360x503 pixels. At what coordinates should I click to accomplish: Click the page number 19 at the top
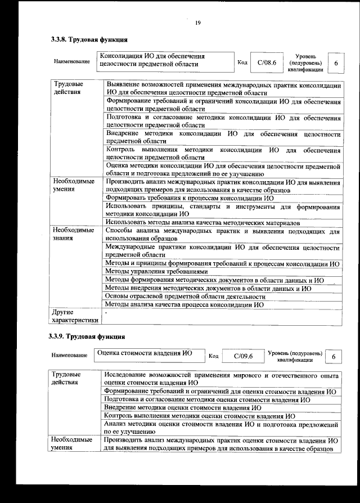pos(198,23)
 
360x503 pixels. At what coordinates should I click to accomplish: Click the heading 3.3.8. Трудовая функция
pos(89,40)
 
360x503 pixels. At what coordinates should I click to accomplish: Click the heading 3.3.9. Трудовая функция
pos(87,336)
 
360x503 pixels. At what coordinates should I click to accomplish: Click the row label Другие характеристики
pos(74,316)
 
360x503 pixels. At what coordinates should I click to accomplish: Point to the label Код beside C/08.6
pos(242,62)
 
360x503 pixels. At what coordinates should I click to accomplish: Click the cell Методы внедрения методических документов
pos(208,288)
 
